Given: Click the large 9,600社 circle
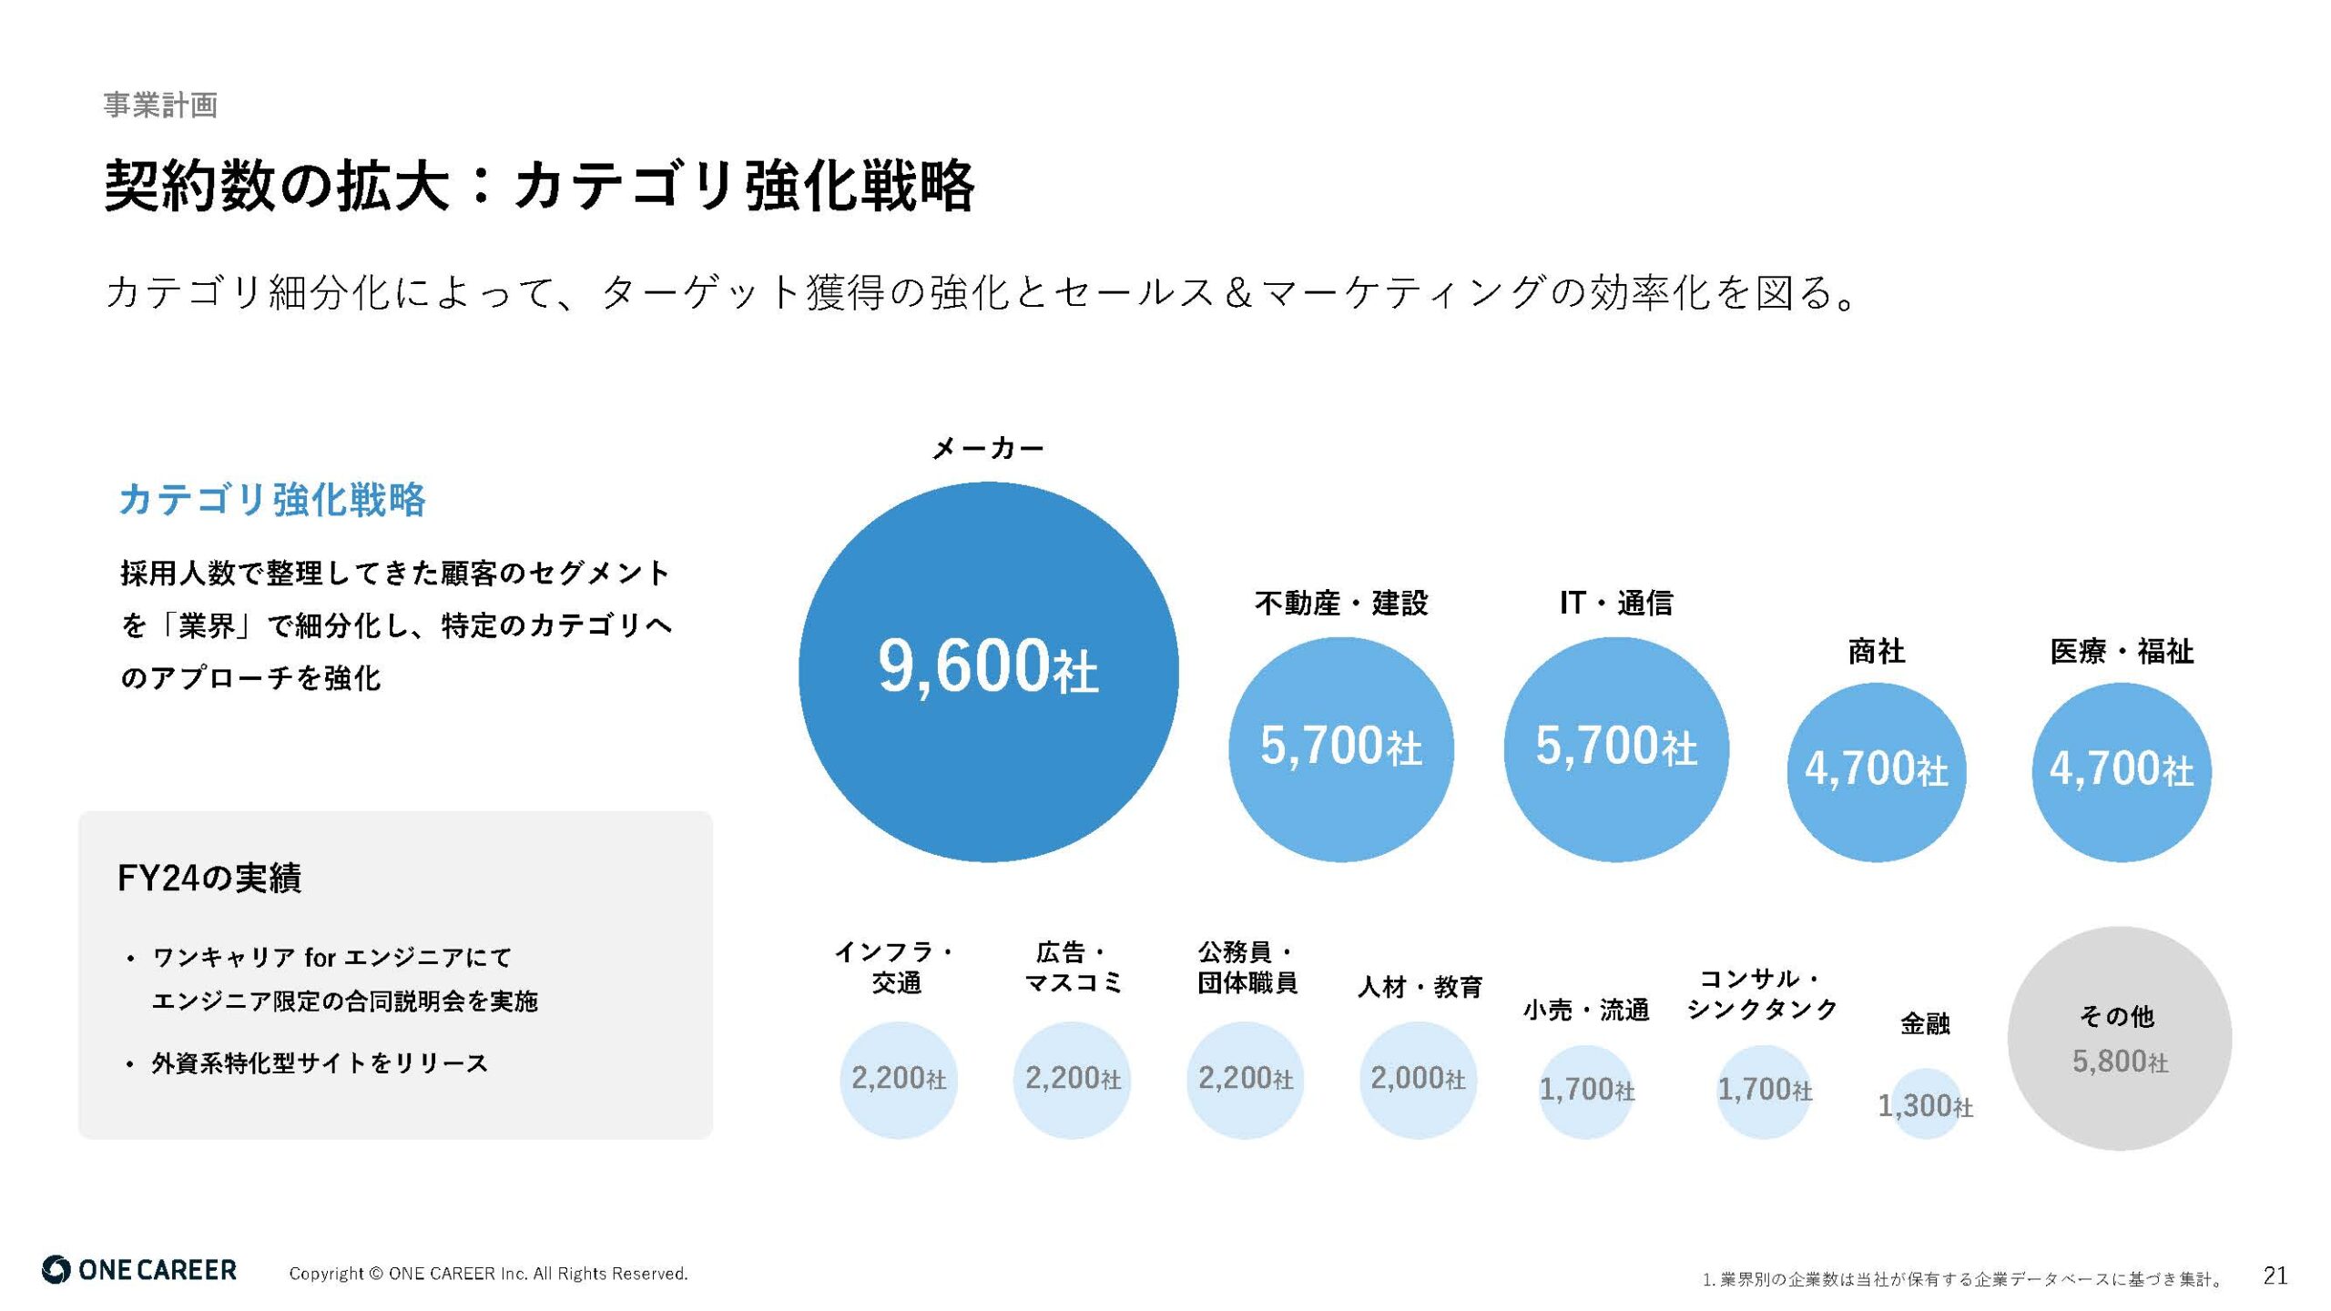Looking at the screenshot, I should [988, 672].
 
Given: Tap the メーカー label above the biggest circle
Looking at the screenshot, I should [988, 448].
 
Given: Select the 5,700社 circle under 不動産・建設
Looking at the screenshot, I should [1340, 748].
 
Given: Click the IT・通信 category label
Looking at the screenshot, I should [1615, 603].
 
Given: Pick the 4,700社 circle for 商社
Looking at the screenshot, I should [1876, 771].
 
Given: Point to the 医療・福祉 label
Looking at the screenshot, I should [2122, 651].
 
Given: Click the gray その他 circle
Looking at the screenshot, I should [2119, 1038].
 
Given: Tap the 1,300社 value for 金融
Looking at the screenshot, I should [1925, 1105].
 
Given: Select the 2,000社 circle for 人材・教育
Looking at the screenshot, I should [1418, 1080].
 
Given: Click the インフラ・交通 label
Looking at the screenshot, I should [896, 967].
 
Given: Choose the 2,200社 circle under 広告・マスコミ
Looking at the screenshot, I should [1072, 1080].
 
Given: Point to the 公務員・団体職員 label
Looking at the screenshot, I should [1247, 967].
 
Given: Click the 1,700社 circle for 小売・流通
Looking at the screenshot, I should [1586, 1090].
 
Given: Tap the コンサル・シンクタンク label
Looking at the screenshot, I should [1762, 993].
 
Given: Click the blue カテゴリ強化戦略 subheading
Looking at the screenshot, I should [272, 500].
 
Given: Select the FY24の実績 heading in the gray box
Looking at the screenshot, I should [209, 878].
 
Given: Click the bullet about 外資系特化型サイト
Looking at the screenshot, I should [320, 1062].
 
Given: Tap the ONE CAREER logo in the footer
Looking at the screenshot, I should [139, 1270].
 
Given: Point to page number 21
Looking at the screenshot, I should [2275, 1275].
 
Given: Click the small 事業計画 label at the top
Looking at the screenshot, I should [160, 105].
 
